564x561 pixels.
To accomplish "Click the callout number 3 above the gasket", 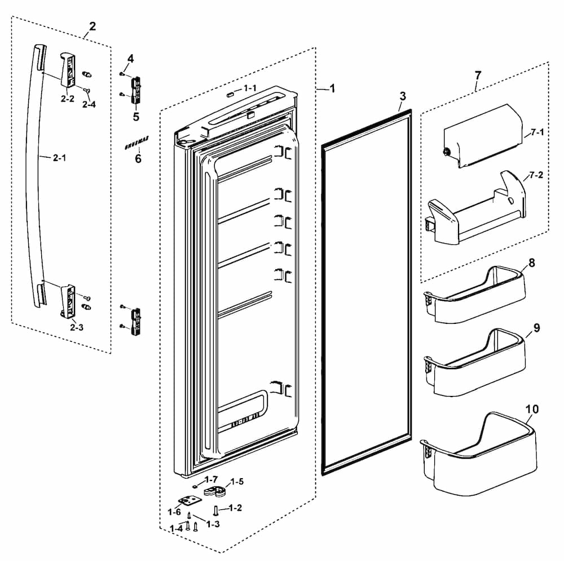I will coord(402,96).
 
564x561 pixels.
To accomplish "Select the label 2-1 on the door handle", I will coord(59,158).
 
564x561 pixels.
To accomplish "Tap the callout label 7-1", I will coord(536,133).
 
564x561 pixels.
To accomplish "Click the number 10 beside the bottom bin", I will coord(531,408).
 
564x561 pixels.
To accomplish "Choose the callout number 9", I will coord(536,328).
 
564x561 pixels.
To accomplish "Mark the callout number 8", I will coord(532,263).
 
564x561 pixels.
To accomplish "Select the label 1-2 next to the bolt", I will coord(235,508).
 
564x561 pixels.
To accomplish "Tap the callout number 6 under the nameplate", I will coord(138,159).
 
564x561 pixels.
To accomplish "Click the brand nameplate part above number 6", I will coord(135,146).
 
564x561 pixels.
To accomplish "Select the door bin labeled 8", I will coord(477,296).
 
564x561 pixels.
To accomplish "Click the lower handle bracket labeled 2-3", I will coord(68,299).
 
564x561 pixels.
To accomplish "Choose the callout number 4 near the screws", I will coord(130,59).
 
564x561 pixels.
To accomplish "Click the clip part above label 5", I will coord(135,91).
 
